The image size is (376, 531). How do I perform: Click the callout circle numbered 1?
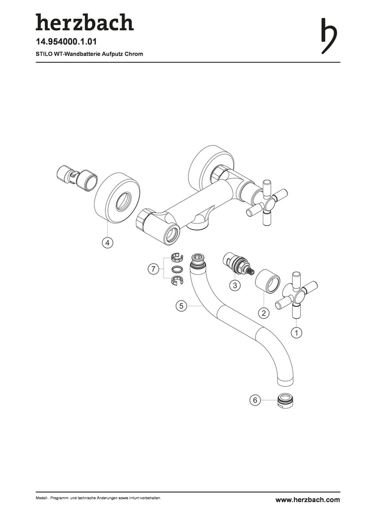(297, 332)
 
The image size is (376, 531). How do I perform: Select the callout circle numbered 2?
(264, 313)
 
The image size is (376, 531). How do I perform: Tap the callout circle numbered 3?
(235, 285)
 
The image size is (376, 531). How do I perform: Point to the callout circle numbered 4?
(107, 242)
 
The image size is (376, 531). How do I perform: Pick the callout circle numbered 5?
(182, 306)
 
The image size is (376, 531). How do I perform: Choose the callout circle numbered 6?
(255, 400)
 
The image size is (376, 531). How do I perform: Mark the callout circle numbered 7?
(154, 269)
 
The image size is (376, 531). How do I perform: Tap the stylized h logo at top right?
(329, 36)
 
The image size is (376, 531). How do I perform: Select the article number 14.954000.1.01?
(66, 42)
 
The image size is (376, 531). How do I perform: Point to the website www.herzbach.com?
(308, 500)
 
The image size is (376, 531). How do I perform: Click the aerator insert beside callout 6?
(285, 401)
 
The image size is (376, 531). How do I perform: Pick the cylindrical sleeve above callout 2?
(268, 281)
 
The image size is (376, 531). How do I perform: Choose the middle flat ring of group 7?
(177, 269)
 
